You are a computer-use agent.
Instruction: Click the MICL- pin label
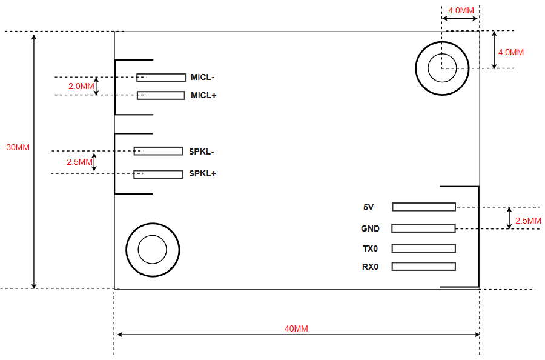pyautogui.click(x=202, y=77)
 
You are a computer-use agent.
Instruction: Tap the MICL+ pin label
pyautogui.click(x=203, y=95)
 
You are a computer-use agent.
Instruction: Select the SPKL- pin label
pyautogui.click(x=202, y=151)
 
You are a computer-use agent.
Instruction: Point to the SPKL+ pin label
pyautogui.click(x=202, y=173)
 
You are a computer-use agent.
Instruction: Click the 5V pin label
pyautogui.click(x=368, y=207)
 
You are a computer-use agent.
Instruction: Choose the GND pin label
pyautogui.click(x=370, y=228)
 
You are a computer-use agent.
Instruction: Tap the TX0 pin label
pyautogui.click(x=370, y=248)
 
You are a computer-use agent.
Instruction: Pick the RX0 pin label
pyautogui.click(x=370, y=267)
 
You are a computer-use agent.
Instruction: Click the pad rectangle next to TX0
pyautogui.click(x=423, y=248)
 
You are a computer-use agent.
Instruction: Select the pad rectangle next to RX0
pyautogui.click(x=423, y=267)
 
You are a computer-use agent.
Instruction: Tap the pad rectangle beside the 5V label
pyautogui.click(x=423, y=207)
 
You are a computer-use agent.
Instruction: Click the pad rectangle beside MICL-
pyautogui.click(x=161, y=78)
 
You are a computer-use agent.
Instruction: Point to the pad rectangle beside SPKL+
pyautogui.click(x=158, y=174)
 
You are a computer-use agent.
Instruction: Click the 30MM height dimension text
pyautogui.click(x=18, y=147)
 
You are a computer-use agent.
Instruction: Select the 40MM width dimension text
pyautogui.click(x=296, y=328)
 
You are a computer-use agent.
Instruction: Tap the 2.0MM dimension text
pyautogui.click(x=81, y=87)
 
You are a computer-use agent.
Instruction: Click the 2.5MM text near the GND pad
pyautogui.click(x=528, y=221)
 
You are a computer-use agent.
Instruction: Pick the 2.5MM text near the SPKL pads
pyautogui.click(x=79, y=162)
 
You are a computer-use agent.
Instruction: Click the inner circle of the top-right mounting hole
pyautogui.click(x=442, y=68)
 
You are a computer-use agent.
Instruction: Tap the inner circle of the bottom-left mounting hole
pyautogui.click(x=152, y=249)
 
